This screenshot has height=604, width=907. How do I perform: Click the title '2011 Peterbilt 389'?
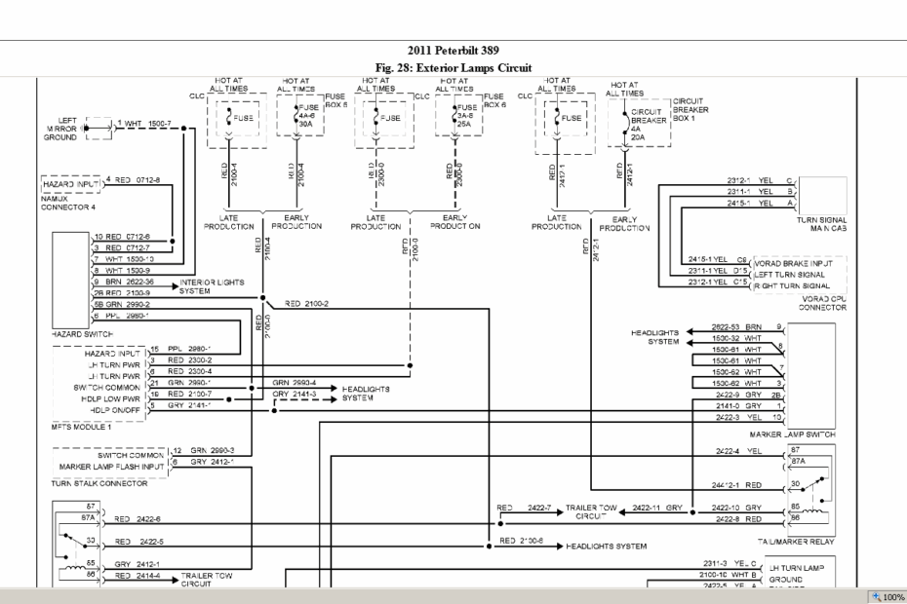(453, 51)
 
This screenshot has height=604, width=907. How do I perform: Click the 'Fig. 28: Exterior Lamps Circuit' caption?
(453, 67)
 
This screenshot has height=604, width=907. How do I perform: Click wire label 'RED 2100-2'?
(306, 304)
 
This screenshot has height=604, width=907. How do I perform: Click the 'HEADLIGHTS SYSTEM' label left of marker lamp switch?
(658, 336)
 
